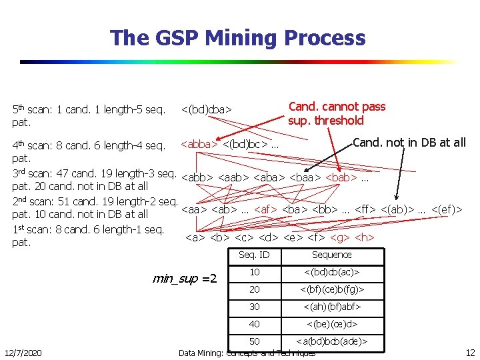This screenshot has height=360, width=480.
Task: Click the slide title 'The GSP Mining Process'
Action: (x=238, y=38)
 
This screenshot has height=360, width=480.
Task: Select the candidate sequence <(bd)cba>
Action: (x=207, y=109)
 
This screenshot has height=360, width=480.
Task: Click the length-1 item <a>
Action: (x=195, y=237)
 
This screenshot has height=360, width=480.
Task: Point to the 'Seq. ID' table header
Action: (x=255, y=255)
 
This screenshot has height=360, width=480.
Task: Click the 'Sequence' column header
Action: (x=331, y=255)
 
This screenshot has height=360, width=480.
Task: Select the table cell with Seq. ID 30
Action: (x=255, y=307)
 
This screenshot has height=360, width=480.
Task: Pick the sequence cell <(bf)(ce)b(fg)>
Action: (x=331, y=290)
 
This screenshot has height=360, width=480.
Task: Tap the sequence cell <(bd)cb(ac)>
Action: (x=331, y=273)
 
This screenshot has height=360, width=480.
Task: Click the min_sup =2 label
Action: (x=185, y=278)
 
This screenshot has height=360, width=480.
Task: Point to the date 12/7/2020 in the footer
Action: (x=22, y=352)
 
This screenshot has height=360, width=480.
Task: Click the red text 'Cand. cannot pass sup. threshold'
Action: (x=337, y=113)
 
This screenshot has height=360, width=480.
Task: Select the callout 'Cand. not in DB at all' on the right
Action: (x=409, y=142)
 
